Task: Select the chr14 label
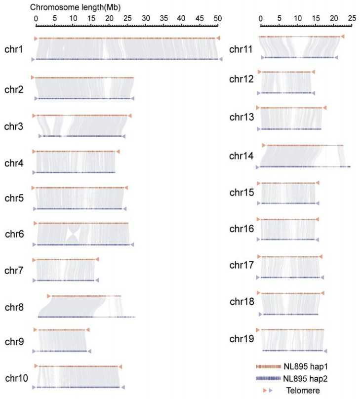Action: [241, 157]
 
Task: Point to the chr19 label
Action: [241, 339]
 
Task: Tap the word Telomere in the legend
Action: [302, 390]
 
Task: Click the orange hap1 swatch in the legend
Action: [268, 367]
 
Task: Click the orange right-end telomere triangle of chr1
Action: [218, 38]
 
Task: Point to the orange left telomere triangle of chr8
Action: [48, 296]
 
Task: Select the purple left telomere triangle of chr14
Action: [257, 167]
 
